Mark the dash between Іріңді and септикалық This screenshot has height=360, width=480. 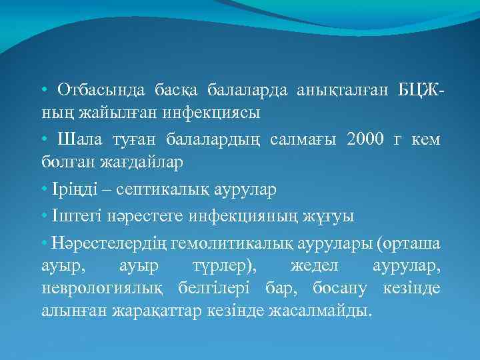click(107, 189)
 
